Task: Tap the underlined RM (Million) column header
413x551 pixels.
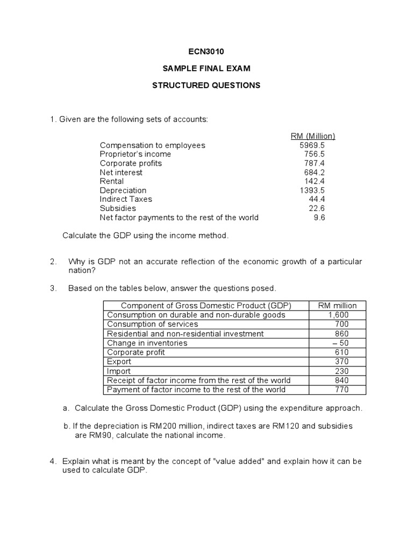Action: [x=312, y=136]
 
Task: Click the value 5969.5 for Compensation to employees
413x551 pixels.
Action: [x=312, y=145]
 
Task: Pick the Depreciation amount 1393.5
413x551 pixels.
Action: [x=312, y=190]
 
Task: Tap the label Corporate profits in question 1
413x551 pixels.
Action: [x=131, y=163]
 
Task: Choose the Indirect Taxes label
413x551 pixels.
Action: [x=126, y=199]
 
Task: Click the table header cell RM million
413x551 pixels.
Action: [x=337, y=306]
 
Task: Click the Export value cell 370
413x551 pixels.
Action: [x=341, y=362]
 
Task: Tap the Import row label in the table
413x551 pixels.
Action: [x=119, y=371]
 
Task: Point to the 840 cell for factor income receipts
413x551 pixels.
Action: [x=341, y=380]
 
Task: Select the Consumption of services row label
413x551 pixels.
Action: [x=153, y=324]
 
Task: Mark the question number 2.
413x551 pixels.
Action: [x=53, y=262]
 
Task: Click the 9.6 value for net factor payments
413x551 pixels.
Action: [x=318, y=217]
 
